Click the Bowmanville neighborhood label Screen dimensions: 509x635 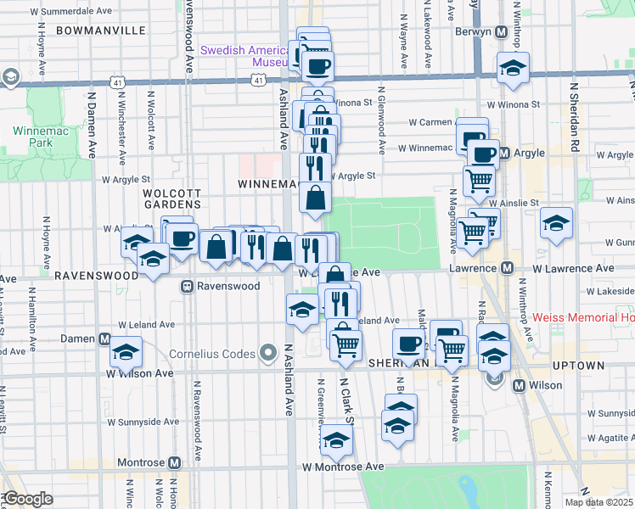click(x=100, y=30)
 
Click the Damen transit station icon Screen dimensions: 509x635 click(x=105, y=338)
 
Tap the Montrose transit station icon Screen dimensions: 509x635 click(x=175, y=463)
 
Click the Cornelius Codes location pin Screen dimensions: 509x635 click(x=270, y=352)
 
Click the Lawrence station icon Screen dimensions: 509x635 click(x=507, y=268)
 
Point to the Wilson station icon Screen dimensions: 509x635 click(x=520, y=384)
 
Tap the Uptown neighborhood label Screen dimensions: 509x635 click(x=579, y=366)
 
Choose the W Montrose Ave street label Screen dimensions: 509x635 click(x=342, y=467)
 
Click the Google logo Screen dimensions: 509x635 click(x=29, y=499)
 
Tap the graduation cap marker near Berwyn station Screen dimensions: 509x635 click(x=512, y=70)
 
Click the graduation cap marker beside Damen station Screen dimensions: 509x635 click(x=126, y=353)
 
